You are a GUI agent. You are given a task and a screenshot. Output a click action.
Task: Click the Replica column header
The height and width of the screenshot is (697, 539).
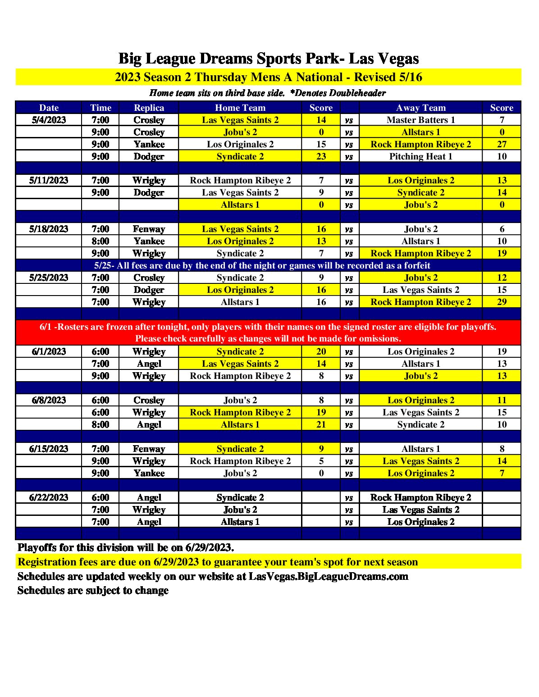(x=149, y=108)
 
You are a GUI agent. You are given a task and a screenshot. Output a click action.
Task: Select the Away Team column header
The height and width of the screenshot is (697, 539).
(x=420, y=108)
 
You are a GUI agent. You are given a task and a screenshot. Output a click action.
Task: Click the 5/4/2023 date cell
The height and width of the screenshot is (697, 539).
(x=49, y=120)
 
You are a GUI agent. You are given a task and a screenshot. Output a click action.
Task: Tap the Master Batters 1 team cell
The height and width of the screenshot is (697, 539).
(x=420, y=120)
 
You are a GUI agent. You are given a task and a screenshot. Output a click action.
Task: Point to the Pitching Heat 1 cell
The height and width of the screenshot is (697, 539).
(x=420, y=156)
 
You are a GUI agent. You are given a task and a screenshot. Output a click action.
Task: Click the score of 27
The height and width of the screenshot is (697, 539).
(x=502, y=144)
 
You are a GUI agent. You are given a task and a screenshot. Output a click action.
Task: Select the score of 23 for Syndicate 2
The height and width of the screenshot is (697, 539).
(x=321, y=156)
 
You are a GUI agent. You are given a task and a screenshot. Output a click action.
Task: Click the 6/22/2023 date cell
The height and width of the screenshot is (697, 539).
(x=49, y=497)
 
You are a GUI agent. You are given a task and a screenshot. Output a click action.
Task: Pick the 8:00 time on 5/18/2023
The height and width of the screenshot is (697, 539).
(x=100, y=241)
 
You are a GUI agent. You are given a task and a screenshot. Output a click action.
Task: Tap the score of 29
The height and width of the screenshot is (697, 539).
(x=502, y=302)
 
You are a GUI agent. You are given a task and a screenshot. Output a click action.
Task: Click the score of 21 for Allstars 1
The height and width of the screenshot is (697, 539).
(x=321, y=424)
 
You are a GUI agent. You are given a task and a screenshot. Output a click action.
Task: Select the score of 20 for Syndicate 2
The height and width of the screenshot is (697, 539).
(x=321, y=351)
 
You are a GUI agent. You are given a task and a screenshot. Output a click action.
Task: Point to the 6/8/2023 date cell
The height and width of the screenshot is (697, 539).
(x=49, y=400)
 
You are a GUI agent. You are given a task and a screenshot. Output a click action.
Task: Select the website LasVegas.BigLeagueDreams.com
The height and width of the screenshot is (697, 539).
(x=328, y=576)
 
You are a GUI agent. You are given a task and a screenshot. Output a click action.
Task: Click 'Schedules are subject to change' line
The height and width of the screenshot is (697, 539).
(x=93, y=590)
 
